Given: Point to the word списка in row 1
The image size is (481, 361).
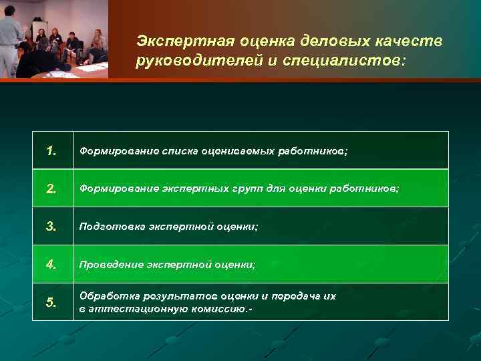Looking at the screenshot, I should [x=180, y=151].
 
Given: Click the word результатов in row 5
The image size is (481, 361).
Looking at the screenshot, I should [x=170, y=295].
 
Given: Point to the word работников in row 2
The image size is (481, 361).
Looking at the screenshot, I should [x=366, y=189].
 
